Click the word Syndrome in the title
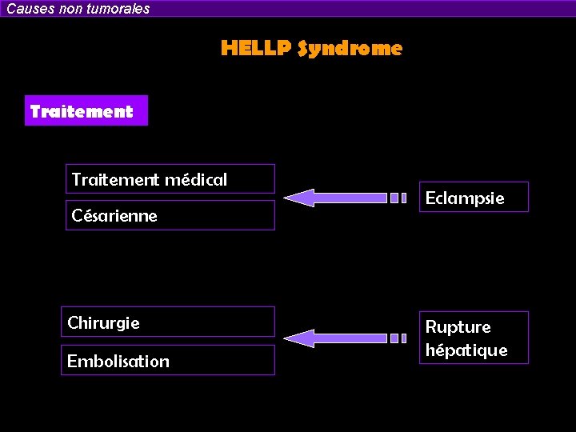point(350,49)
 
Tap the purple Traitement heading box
point(86,111)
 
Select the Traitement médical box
point(170,179)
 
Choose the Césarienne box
point(170,215)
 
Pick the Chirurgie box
point(168,322)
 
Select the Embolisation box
point(168,361)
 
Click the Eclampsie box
point(474,198)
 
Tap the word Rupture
point(458,326)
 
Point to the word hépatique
point(466,350)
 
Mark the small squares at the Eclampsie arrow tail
point(398,198)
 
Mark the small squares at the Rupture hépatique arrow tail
point(398,338)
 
